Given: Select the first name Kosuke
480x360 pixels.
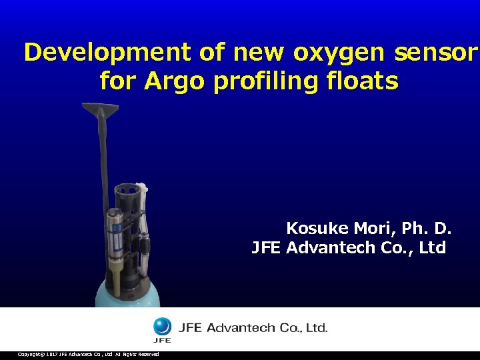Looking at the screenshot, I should (x=317, y=229).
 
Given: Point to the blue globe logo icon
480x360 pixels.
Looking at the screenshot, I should (x=162, y=327).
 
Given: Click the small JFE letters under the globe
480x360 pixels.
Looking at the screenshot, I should (x=162, y=340).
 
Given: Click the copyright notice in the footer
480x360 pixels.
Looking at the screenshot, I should (x=88, y=354).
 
